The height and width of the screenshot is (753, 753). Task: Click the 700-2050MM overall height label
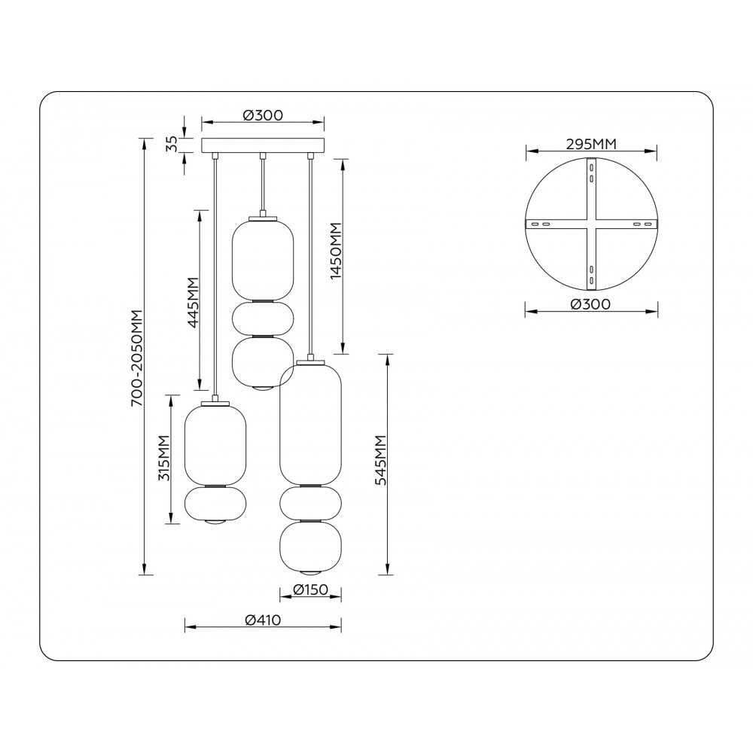point(137,358)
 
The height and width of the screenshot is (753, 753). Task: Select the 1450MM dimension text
point(336,251)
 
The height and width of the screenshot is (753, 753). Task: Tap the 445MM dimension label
point(193,303)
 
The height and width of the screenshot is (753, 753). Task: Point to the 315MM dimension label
point(164,458)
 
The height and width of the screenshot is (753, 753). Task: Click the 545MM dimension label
point(381,460)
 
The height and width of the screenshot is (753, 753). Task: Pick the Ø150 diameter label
point(310,590)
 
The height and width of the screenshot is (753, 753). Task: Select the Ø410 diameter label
point(263,620)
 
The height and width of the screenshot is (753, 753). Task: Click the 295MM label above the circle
point(590,144)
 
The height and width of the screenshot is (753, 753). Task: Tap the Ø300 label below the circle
point(591,304)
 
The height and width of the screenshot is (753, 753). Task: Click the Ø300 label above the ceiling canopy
point(263,115)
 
